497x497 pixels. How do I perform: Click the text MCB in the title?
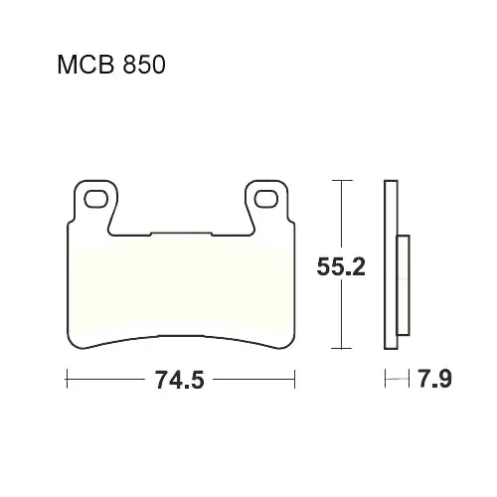point(86,65)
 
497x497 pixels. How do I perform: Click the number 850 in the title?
point(144,65)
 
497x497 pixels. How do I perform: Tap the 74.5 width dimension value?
point(180,380)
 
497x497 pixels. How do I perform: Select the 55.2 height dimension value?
point(341,266)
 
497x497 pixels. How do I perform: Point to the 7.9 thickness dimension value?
point(435,379)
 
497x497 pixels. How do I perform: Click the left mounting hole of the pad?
point(95,199)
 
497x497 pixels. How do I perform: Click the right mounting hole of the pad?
point(265,199)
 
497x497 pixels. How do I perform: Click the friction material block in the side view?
point(404,285)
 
